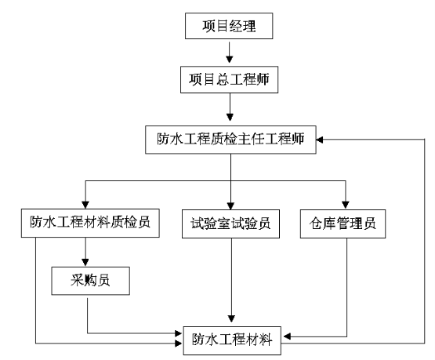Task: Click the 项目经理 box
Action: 229,26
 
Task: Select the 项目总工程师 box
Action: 229,79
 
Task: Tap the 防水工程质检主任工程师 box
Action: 230,140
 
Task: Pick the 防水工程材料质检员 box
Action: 90,224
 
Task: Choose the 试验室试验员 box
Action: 230,224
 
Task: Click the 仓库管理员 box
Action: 343,224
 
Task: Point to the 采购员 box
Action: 90,281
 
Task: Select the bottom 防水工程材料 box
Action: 232,340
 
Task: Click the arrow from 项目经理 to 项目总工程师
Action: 229,53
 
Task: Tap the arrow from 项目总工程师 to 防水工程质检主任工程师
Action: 230,107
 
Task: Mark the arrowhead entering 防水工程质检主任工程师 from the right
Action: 320,140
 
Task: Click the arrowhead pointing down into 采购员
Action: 85,262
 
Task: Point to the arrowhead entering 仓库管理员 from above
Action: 346,205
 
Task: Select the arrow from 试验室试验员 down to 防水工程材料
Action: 231,280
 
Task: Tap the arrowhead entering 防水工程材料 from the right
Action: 287,336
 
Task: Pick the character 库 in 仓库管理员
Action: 329,224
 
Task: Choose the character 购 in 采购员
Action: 90,281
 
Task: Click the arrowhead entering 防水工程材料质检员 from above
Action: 85,205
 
